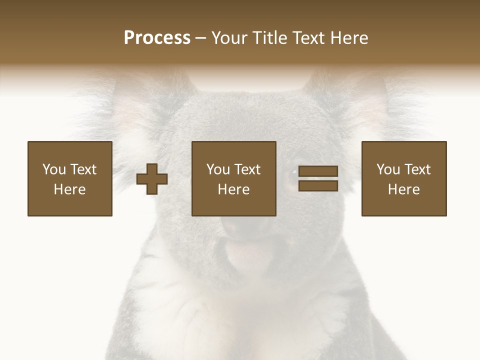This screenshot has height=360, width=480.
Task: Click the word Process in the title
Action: pyautogui.click(x=157, y=38)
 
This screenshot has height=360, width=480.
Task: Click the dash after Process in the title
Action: pyautogui.click(x=200, y=38)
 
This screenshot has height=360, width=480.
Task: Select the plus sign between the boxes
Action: pyautogui.click(x=152, y=178)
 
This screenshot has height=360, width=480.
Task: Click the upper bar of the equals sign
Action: pyautogui.click(x=318, y=171)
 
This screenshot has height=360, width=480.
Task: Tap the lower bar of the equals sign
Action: pyautogui.click(x=318, y=186)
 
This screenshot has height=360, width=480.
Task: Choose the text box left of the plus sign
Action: pyautogui.click(x=70, y=178)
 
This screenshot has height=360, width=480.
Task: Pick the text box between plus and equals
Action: pyautogui.click(x=233, y=178)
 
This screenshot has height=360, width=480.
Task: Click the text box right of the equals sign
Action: pyautogui.click(x=404, y=178)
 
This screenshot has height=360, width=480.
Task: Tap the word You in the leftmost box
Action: pyautogui.click(x=53, y=169)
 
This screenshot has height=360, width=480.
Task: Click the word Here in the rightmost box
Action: pyautogui.click(x=404, y=189)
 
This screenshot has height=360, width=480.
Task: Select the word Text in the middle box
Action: pyautogui.click(x=247, y=169)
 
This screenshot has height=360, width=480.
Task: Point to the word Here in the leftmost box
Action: pyautogui.click(x=70, y=189)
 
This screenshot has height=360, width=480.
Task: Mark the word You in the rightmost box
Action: pyautogui.click(x=387, y=169)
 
